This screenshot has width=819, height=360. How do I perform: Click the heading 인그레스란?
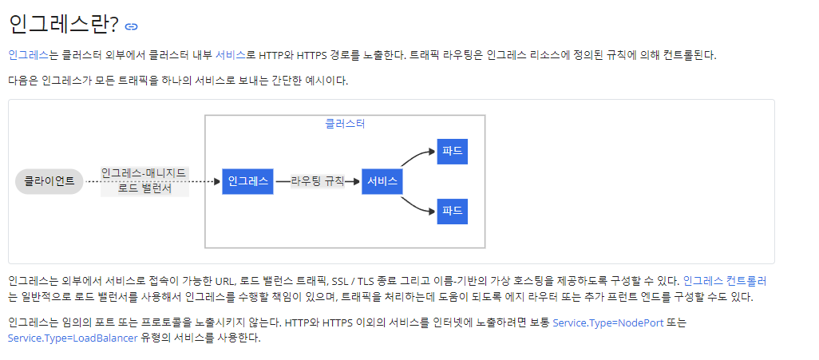pos(63,25)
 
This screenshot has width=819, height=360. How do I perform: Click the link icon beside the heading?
pos(132,26)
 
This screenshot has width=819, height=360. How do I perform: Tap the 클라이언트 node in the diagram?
pos(49,181)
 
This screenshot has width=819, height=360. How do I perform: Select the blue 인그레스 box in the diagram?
pos(247,181)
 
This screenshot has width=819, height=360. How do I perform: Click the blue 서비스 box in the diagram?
pos(382,181)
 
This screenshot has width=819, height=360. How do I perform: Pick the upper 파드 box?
pos(452,151)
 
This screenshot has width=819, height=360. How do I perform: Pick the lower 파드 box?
pos(452,212)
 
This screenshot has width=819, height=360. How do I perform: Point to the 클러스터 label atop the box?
pos(345,124)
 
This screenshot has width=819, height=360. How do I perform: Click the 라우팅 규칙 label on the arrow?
pos(318,181)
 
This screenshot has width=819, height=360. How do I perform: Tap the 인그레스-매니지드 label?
pos(144,172)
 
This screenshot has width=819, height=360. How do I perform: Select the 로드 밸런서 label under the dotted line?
pos(144,189)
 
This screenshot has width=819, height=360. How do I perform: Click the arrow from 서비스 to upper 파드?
pos(417,156)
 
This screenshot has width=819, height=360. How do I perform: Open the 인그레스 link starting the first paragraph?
pos(29,55)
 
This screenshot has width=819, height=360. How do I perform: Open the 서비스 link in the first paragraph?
pos(231,55)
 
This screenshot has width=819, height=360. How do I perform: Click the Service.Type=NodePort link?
pos(607,322)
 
